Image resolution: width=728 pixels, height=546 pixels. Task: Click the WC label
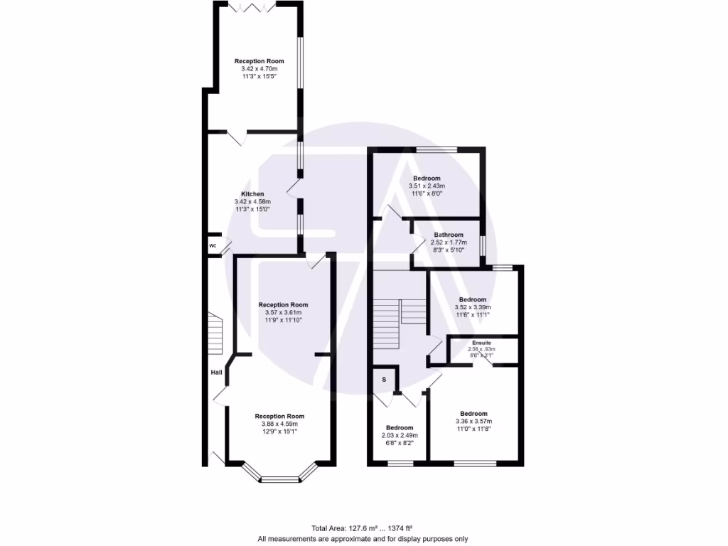[x=213, y=246]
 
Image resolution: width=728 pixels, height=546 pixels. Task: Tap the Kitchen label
[x=252, y=194]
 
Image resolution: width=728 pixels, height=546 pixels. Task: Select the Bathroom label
[x=449, y=235]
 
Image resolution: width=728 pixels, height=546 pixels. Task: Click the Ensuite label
[x=481, y=343]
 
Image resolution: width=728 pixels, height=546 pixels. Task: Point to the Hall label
[x=217, y=372]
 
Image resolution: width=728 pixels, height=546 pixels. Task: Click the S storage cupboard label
[x=384, y=380]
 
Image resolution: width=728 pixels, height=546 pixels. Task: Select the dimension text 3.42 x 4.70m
[x=259, y=69]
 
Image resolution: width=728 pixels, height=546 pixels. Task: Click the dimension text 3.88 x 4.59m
[x=279, y=424]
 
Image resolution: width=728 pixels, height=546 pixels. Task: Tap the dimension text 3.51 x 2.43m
[x=427, y=186]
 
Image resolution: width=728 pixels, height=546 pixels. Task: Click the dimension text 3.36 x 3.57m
[x=473, y=422]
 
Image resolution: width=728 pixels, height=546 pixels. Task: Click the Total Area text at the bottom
[x=363, y=528]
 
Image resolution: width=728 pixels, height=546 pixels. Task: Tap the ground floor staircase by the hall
[x=215, y=334]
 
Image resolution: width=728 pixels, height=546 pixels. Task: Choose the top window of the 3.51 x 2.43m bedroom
[x=437, y=149]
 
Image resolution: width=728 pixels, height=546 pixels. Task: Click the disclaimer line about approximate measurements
[x=363, y=538]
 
